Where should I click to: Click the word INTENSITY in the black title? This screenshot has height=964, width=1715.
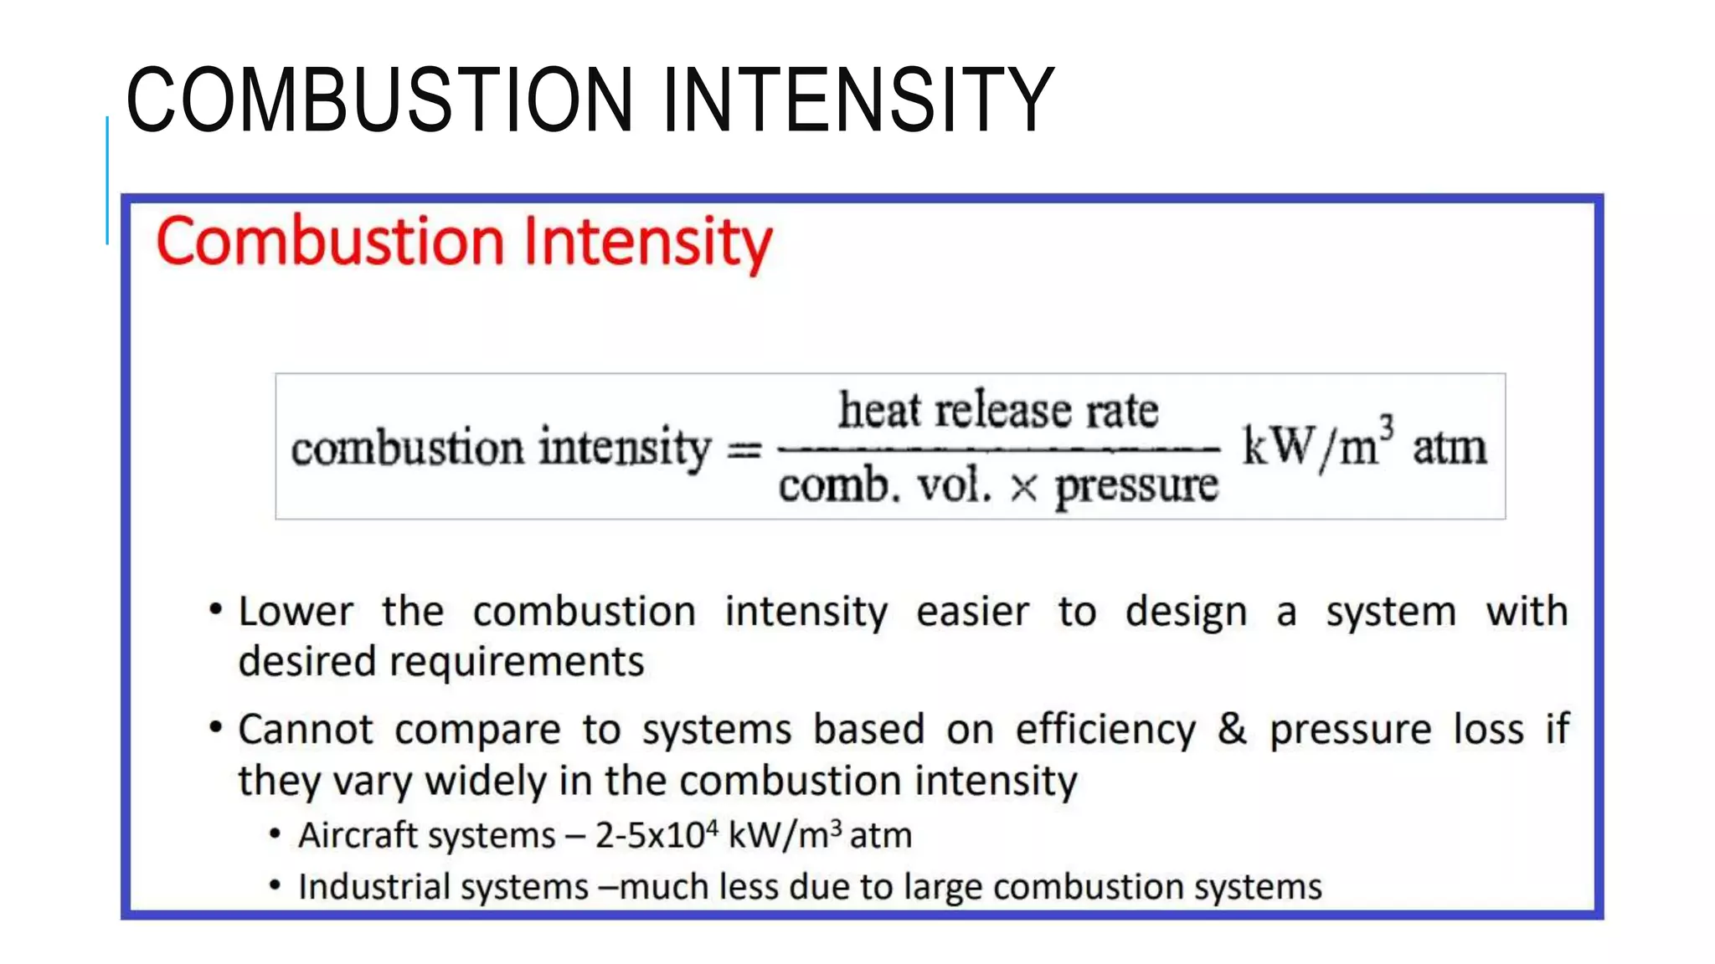point(857,100)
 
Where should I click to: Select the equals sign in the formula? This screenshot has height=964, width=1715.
point(744,450)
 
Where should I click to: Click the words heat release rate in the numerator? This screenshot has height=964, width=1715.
point(998,410)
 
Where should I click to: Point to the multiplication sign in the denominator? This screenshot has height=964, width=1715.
point(1023,488)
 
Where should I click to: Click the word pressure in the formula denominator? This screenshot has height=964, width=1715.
point(1136,486)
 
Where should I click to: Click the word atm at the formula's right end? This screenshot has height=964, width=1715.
point(1450,448)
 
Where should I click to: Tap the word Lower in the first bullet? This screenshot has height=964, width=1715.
point(296,612)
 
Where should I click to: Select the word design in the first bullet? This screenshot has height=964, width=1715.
point(1186,612)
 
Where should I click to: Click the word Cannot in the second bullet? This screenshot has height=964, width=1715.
point(305,730)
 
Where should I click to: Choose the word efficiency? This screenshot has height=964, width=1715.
point(1105,730)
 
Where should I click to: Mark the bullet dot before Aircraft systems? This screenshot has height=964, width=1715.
point(275,833)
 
